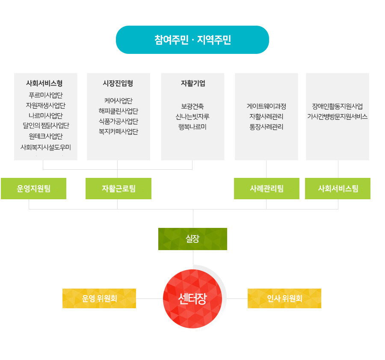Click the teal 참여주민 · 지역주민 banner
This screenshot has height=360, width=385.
192,40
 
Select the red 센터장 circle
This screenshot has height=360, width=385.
192,298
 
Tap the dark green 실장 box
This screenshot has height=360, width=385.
192,239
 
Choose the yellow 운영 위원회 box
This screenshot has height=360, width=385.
99,298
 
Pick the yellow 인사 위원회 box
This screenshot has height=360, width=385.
284,298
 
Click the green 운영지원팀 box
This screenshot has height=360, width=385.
33,189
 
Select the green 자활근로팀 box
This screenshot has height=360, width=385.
118,189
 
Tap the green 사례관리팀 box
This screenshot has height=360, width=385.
267,189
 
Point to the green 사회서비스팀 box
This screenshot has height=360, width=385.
338,189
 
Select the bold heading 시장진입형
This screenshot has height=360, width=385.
118,83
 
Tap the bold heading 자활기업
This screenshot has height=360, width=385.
192,83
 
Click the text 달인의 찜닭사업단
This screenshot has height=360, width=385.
46,126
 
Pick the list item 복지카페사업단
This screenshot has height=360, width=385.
118,132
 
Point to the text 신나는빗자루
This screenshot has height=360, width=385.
192,116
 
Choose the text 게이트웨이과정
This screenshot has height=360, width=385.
266,106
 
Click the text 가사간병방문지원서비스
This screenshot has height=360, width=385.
337,116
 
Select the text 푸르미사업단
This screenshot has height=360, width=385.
46,95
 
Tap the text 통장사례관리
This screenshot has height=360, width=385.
266,127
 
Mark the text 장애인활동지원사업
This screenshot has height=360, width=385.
337,106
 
